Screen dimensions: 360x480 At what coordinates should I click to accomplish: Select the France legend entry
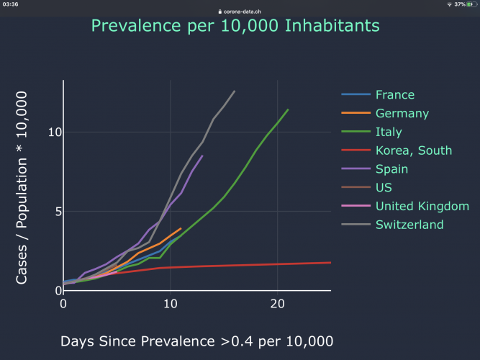[x=394, y=94]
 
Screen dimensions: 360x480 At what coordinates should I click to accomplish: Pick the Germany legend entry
[x=402, y=113]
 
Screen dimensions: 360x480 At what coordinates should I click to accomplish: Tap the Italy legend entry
[x=389, y=132]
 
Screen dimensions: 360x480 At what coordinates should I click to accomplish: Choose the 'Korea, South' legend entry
[x=413, y=150]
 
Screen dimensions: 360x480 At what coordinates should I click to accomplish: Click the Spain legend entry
[x=391, y=169]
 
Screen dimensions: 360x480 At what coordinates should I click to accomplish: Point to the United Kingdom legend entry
[x=422, y=207]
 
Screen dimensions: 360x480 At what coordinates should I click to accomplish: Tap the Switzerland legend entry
[x=409, y=225]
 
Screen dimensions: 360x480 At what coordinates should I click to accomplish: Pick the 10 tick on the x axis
[x=171, y=304]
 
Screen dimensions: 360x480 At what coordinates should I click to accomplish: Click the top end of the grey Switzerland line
[x=235, y=91]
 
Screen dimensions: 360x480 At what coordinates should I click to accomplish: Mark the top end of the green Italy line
[x=288, y=109]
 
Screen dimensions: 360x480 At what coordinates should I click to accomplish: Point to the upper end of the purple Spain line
[x=203, y=156]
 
